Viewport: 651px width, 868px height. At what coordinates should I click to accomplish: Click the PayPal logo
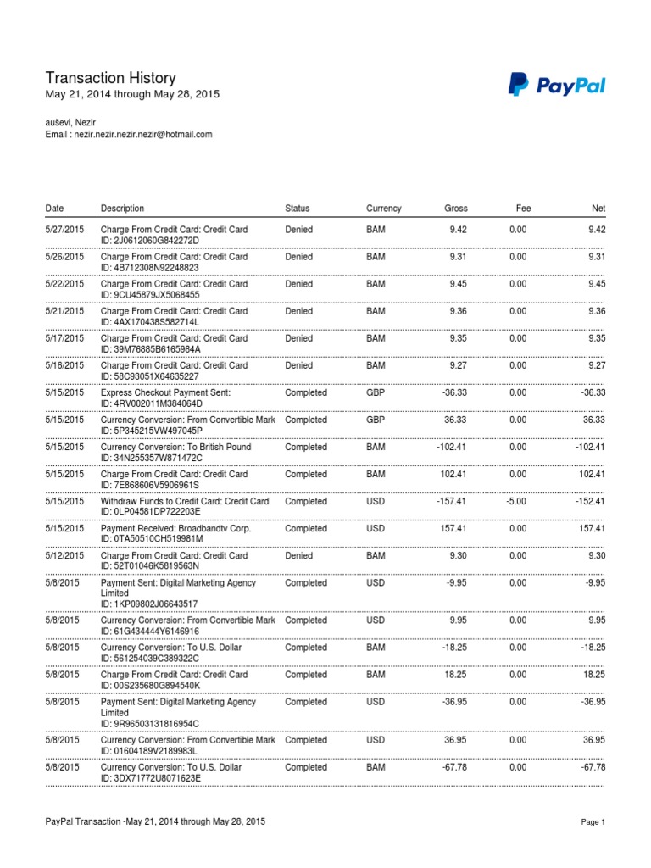tap(556, 85)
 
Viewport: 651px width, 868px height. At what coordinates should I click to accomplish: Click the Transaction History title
tap(110, 78)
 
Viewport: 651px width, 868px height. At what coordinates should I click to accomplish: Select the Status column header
tap(298, 209)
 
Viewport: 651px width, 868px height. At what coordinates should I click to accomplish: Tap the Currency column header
tap(384, 209)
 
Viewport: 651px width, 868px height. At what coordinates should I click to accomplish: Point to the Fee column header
tap(523, 209)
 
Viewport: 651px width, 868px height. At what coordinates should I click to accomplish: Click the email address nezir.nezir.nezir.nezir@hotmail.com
tap(142, 134)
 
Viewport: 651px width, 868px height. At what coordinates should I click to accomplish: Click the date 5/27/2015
tap(64, 230)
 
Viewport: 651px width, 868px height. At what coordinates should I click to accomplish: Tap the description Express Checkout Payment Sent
tap(165, 393)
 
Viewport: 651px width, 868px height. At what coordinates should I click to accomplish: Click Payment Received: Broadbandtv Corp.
tap(175, 529)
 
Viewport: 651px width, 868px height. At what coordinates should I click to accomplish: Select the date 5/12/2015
tap(64, 556)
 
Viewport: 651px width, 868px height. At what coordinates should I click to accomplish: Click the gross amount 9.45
tap(457, 284)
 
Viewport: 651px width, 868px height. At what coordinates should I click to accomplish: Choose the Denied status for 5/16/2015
tap(299, 365)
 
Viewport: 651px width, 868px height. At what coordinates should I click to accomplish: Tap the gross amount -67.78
tap(453, 767)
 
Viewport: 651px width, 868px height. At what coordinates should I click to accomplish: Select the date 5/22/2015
tap(64, 284)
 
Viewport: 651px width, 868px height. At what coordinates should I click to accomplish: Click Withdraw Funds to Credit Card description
tap(185, 502)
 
